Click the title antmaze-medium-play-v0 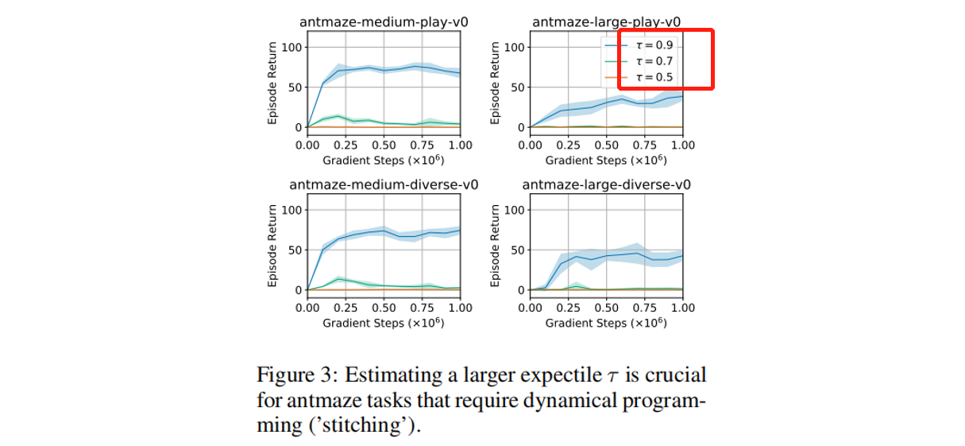click(383, 22)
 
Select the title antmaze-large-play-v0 click(607, 22)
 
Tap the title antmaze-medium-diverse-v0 click(383, 185)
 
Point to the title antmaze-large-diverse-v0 click(607, 185)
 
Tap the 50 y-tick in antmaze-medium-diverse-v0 click(294, 250)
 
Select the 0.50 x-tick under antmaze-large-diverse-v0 click(606, 308)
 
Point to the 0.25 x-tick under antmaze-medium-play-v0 click(345, 145)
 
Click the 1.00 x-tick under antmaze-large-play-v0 click(682, 145)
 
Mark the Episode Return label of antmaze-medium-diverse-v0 click(272, 246)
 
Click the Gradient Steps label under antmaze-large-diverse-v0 click(606, 323)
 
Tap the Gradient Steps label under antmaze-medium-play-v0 click(383, 161)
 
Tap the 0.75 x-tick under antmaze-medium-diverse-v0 click(422, 308)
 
